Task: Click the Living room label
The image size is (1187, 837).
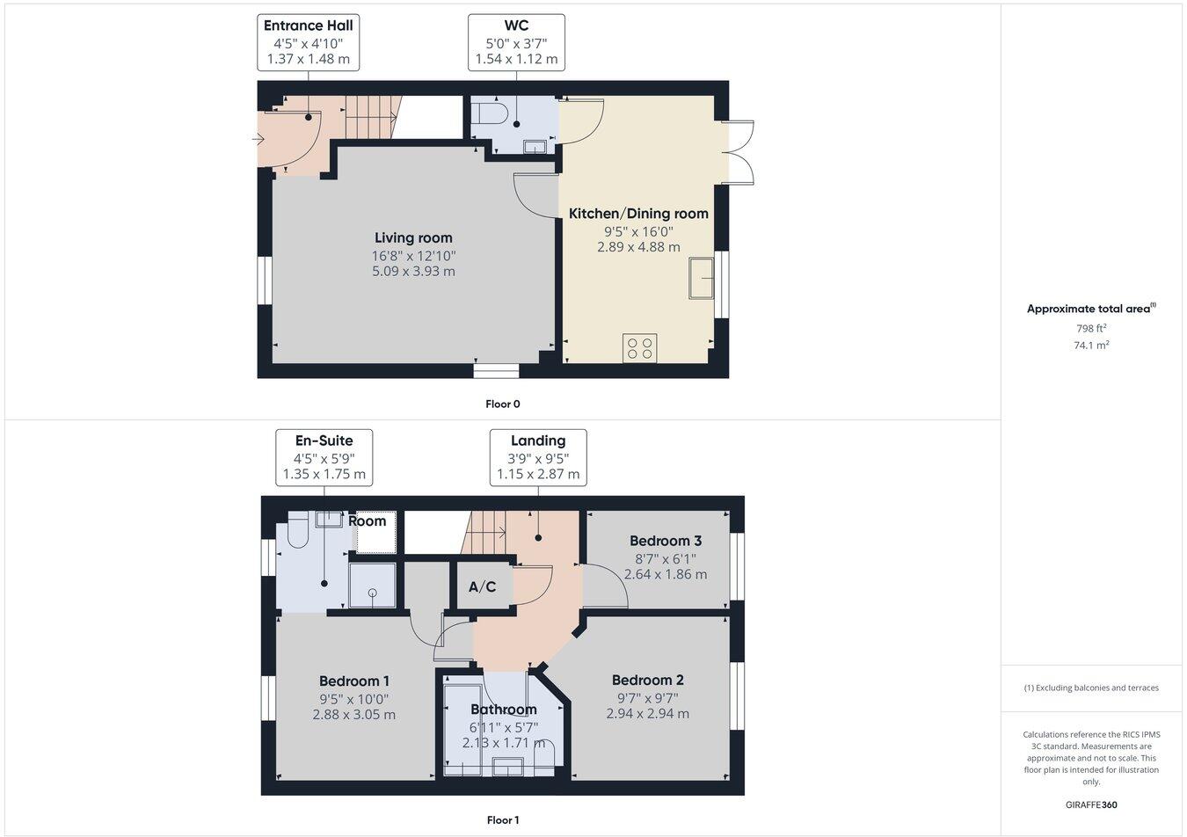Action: pyautogui.click(x=413, y=237)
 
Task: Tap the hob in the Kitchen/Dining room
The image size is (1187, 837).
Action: pyautogui.click(x=639, y=347)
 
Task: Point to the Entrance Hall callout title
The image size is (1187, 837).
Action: pyautogui.click(x=309, y=25)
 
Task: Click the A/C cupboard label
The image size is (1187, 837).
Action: pyautogui.click(x=482, y=586)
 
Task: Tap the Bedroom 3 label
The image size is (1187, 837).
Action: pyautogui.click(x=666, y=541)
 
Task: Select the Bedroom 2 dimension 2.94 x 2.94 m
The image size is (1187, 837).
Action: pyautogui.click(x=648, y=714)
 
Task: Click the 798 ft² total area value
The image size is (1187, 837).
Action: pyautogui.click(x=1091, y=328)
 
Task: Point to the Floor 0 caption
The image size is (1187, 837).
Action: pyautogui.click(x=503, y=404)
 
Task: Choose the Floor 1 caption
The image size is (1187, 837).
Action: pyautogui.click(x=503, y=820)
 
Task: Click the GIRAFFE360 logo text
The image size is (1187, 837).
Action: pyautogui.click(x=1091, y=804)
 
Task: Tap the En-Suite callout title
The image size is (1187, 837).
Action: pyautogui.click(x=324, y=440)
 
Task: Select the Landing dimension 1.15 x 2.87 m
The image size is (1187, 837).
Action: pyautogui.click(x=538, y=474)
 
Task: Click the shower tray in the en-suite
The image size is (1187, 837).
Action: pyautogui.click(x=372, y=586)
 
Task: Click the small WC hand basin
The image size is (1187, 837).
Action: pyautogui.click(x=535, y=146)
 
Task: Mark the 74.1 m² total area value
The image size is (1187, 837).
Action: pyautogui.click(x=1091, y=346)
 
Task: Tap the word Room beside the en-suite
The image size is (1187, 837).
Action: pyautogui.click(x=367, y=520)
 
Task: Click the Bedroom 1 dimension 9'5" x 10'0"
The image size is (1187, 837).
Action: pyautogui.click(x=354, y=699)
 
